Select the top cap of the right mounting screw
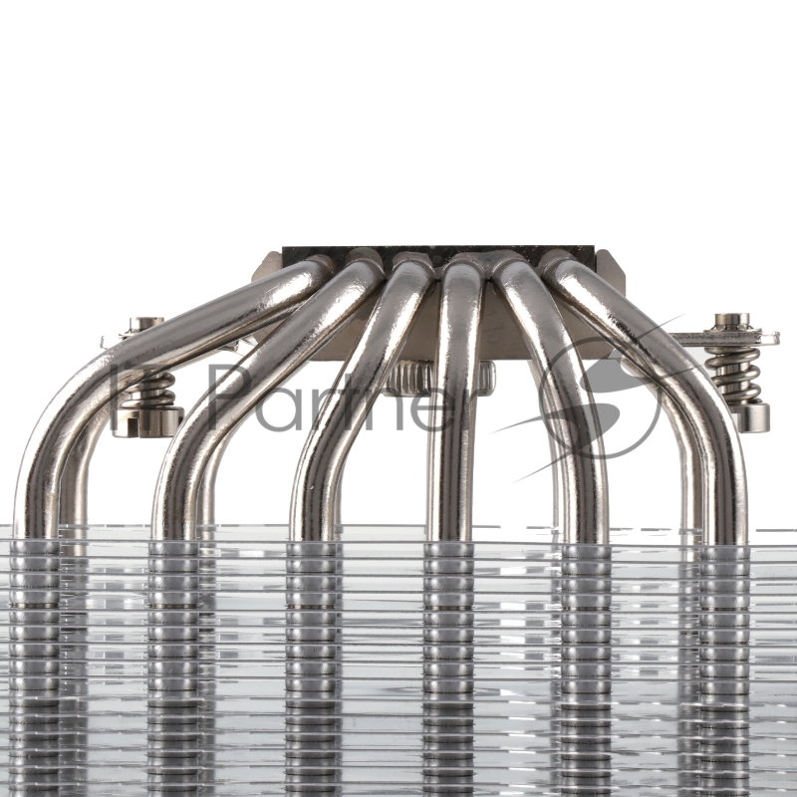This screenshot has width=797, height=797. click(732, 321)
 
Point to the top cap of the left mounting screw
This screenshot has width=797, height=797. click(147, 324)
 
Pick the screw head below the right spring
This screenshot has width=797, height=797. click(753, 415)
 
